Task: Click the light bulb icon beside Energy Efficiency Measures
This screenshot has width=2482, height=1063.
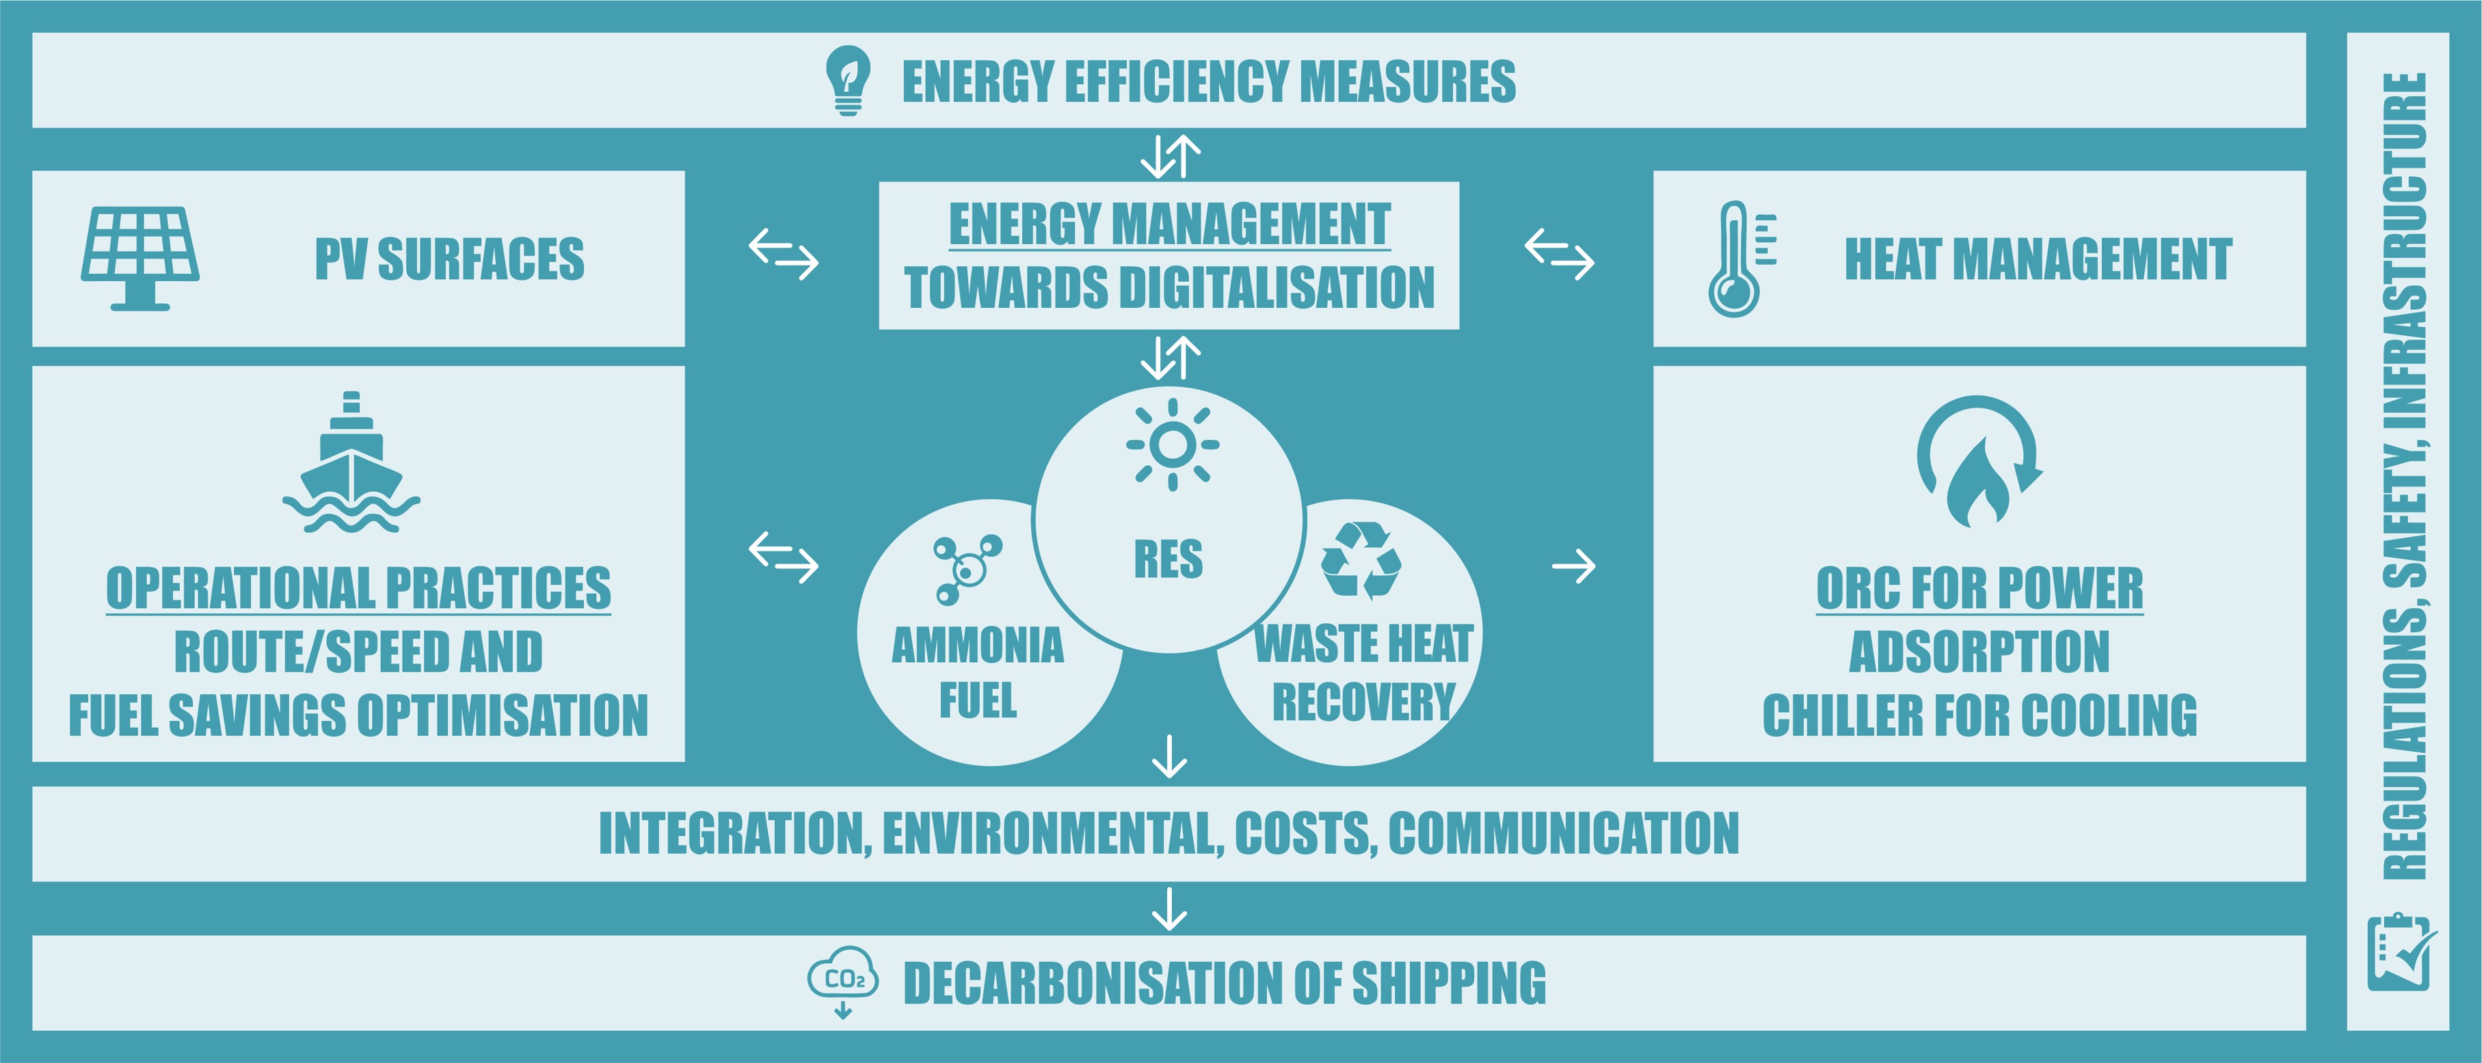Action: coord(848,80)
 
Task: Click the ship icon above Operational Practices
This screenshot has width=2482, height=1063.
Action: coord(351,462)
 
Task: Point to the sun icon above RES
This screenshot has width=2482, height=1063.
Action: coord(1173,444)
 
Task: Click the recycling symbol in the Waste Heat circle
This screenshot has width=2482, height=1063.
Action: coord(1361,560)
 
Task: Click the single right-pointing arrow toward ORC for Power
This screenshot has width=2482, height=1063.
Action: coord(1573,566)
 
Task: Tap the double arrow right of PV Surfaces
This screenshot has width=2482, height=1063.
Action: coord(784,254)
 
